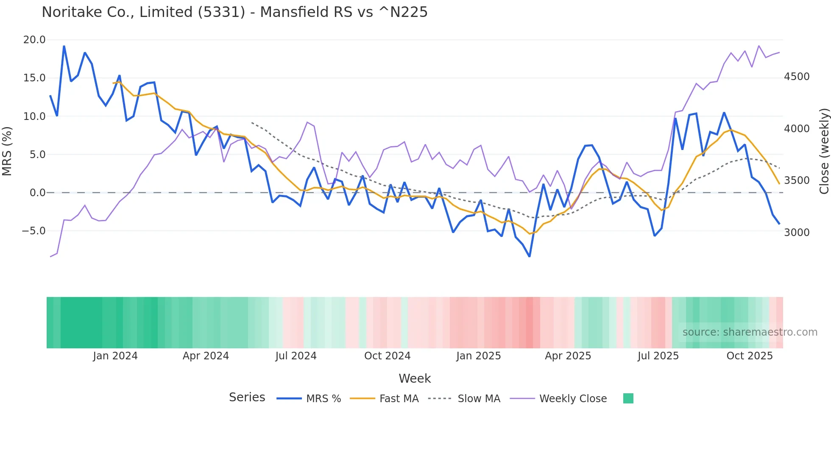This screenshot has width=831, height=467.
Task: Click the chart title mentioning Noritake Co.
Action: [x=234, y=12]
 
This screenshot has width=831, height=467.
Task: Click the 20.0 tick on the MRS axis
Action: [x=34, y=40]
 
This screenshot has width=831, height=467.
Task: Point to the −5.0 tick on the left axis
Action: [x=33, y=231]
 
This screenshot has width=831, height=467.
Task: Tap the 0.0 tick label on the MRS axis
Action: [x=37, y=193]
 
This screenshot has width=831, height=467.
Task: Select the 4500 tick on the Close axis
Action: [x=797, y=77]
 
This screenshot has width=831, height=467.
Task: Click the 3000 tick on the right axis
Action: [x=797, y=232]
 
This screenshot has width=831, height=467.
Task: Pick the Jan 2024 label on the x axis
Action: [x=115, y=356]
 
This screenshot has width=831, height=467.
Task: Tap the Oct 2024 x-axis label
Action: [x=387, y=356]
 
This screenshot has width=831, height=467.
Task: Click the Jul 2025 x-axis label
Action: [x=658, y=356]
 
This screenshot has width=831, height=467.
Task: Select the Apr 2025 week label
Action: [x=568, y=356]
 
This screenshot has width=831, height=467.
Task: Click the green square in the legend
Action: [x=628, y=398]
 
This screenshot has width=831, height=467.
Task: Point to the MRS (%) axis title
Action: [x=7, y=151]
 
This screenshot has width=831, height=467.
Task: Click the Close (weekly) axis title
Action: [x=824, y=151]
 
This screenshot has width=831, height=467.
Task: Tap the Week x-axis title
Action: [x=415, y=378]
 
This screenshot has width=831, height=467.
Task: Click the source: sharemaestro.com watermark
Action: [x=750, y=332]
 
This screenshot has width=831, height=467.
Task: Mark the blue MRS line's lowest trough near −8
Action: [x=529, y=256]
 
